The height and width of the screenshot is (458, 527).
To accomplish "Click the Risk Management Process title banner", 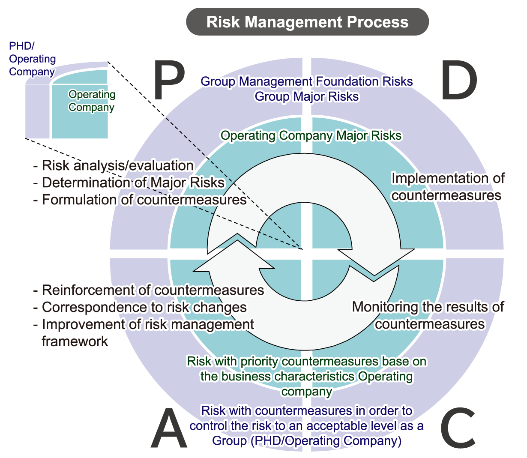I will (307, 22).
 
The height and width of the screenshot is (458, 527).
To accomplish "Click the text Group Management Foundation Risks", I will (307, 81).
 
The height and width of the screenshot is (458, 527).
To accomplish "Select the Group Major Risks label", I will (307, 96).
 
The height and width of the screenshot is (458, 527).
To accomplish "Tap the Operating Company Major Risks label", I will (311, 136).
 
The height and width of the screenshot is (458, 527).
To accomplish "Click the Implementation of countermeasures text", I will (448, 187).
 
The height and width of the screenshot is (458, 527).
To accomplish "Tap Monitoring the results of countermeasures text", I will (428, 315).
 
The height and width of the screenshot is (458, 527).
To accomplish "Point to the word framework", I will (75, 341).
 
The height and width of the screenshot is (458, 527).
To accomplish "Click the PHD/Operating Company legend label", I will (33, 59).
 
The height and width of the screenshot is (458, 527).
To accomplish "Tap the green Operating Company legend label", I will (92, 101).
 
